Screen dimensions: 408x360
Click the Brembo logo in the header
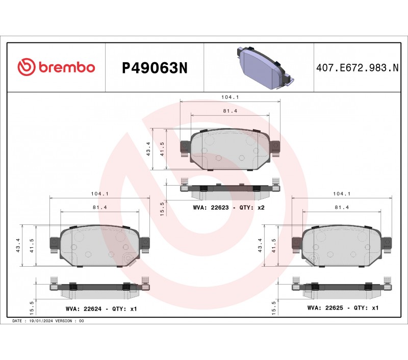coord(56,67)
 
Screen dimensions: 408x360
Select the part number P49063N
coord(155,68)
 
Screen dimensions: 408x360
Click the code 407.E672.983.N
coord(358,68)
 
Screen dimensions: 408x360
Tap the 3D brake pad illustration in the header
coord(265,68)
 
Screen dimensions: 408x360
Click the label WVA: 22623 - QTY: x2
coord(228,208)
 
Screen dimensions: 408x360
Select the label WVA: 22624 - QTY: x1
coord(101,309)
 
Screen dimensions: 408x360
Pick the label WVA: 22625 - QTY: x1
coord(343,307)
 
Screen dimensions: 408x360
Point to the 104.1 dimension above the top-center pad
coord(230,97)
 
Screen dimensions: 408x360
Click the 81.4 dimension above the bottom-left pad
coord(99,208)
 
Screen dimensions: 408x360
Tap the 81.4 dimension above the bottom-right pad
coord(342,208)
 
